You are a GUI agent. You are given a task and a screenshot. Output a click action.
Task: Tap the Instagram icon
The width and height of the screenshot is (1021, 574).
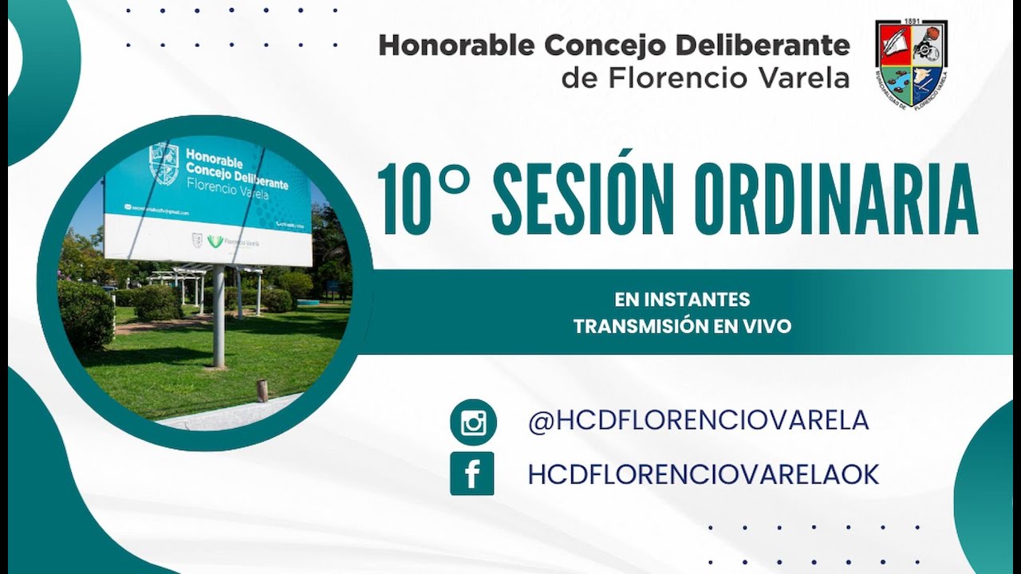473,422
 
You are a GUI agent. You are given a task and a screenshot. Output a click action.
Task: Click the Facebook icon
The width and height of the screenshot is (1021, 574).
471,474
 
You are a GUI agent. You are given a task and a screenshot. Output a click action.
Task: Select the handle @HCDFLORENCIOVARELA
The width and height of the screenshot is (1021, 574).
698,420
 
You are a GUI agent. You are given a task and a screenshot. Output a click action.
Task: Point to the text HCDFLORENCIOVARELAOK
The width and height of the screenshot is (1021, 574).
703,474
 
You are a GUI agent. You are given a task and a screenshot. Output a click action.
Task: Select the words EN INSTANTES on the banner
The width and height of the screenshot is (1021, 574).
682,300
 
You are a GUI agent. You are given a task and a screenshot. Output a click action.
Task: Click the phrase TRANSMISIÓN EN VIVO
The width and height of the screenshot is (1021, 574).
682,326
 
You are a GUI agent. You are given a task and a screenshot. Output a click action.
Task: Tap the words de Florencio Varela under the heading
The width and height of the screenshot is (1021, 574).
705,77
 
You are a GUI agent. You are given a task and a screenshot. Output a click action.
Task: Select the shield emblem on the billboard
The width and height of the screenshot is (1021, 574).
164,163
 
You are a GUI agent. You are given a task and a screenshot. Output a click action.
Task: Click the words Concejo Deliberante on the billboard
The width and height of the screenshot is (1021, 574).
237,177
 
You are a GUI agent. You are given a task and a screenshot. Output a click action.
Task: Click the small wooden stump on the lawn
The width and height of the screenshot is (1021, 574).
262,390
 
